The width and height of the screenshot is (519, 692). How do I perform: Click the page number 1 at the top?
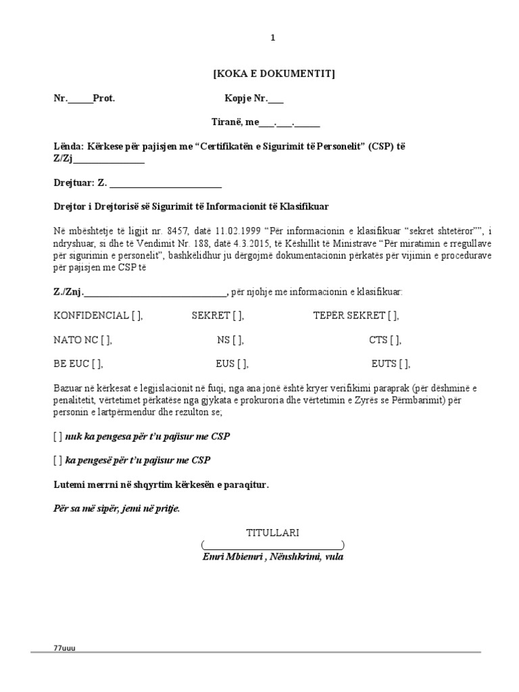(273, 39)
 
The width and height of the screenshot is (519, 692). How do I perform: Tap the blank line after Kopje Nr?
(276, 99)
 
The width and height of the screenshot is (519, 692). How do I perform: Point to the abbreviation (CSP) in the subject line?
(378, 147)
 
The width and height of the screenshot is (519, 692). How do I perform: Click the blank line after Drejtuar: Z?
(166, 183)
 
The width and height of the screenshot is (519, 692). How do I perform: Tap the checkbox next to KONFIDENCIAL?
(136, 316)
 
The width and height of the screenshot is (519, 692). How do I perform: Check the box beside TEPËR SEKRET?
(392, 316)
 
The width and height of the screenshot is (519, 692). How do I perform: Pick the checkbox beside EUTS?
(404, 364)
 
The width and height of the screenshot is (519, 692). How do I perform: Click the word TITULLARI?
(272, 533)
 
